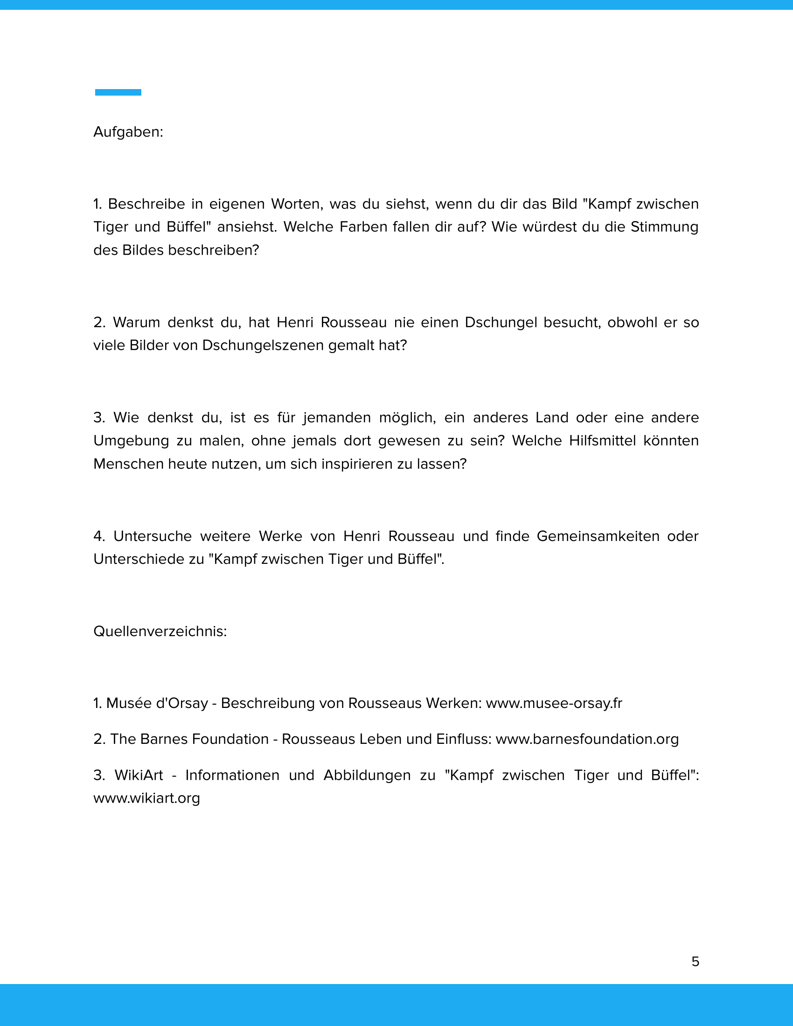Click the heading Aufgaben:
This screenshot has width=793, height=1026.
pos(128,132)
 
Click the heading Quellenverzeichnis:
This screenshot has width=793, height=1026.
pos(160,631)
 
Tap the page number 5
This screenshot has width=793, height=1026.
pos(696,961)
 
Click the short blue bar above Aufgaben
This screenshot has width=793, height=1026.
pos(118,92)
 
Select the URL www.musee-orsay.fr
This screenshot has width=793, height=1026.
pos(553,703)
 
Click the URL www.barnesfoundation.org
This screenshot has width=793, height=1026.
pos(587,739)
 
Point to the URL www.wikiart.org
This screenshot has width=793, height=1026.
pos(146,798)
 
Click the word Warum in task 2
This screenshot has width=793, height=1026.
pos(136,323)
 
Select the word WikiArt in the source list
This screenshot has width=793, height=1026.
pos(139,775)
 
